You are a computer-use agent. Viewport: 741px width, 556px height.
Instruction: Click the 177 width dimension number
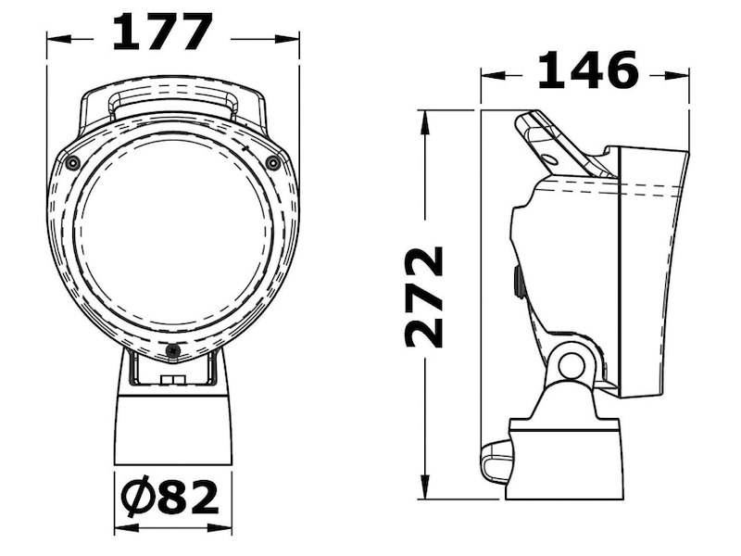[x=162, y=33]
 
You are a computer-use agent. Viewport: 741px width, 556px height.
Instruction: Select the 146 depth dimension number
[x=588, y=70]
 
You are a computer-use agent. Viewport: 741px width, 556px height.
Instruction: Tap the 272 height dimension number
[x=425, y=297]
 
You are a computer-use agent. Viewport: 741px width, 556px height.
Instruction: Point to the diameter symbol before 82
[x=136, y=498]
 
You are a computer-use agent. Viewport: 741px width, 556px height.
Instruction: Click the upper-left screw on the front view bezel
[x=72, y=163]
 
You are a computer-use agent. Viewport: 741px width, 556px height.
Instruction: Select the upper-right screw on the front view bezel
[x=272, y=163]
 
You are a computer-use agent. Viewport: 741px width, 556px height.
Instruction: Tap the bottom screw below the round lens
[x=172, y=350]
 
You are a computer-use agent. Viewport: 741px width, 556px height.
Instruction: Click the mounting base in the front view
[x=172, y=426]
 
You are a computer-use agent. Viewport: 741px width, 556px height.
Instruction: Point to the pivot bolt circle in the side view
[x=571, y=364]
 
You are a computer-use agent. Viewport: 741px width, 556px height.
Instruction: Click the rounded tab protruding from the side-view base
[x=496, y=463]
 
